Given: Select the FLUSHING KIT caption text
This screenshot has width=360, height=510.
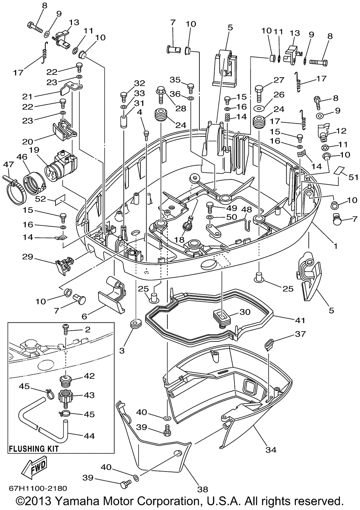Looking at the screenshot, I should (33, 449).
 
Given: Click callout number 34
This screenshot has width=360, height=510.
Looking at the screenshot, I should (271, 449).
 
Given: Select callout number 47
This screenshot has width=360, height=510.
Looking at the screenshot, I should (7, 164).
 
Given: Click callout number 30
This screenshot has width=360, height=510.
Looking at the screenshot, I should (245, 312).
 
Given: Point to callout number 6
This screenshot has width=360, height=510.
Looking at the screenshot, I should (85, 316).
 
